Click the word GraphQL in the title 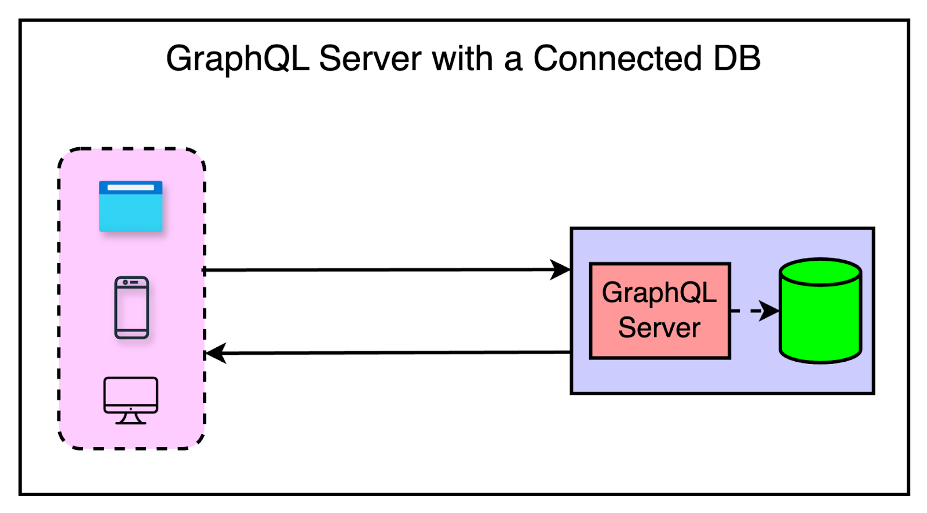[237, 59]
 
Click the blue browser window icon [131, 207]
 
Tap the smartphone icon [132, 308]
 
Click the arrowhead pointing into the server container [560, 270]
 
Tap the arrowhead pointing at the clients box [216, 353]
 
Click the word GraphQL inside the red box [659, 292]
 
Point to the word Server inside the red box [659, 328]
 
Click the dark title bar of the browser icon [131, 187]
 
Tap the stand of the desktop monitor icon [130, 418]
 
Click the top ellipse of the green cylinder [820, 271]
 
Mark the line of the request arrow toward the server [377, 270]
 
